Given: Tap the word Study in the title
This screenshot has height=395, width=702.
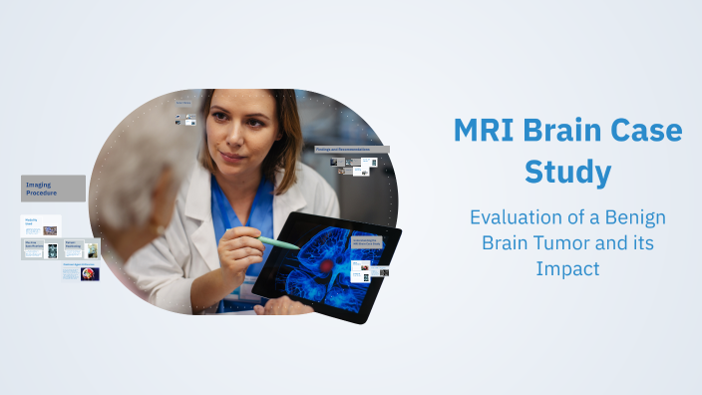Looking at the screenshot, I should pyautogui.click(x=567, y=172).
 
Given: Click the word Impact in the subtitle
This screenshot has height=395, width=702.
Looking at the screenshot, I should pyautogui.click(x=566, y=267).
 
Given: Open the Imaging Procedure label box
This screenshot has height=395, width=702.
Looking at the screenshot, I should pyautogui.click(x=53, y=189).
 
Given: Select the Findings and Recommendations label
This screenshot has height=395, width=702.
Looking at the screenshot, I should pyautogui.click(x=351, y=149).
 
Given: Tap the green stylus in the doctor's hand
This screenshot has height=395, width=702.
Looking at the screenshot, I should pyautogui.click(x=279, y=242).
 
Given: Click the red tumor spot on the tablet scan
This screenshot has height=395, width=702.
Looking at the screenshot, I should pyautogui.click(x=324, y=266).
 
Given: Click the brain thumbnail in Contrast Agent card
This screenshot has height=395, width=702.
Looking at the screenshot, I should pyautogui.click(x=90, y=273).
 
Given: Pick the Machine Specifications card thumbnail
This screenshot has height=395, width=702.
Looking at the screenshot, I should pyautogui.click(x=53, y=250).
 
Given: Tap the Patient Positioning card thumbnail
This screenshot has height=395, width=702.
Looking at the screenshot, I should pyautogui.click(x=92, y=250).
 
